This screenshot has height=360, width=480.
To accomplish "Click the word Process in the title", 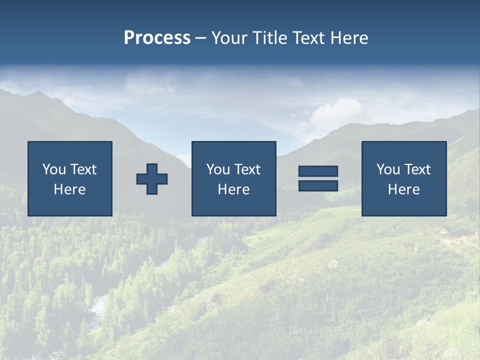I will [x=157, y=38].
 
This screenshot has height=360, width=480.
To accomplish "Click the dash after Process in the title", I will [x=200, y=38].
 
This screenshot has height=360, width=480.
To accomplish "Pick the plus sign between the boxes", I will [x=152, y=179].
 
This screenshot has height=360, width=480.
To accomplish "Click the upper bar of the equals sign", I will [x=318, y=171].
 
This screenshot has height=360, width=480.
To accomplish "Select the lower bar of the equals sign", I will [x=318, y=186].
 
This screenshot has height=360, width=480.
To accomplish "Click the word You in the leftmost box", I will [x=54, y=169].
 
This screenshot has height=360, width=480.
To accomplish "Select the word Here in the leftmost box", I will [x=70, y=189].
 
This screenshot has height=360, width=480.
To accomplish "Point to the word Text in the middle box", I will [x=247, y=169].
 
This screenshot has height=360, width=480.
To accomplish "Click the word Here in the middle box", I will [x=233, y=189].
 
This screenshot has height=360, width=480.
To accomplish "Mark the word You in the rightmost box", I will [x=388, y=169].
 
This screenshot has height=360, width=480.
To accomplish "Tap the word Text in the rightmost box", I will [x=417, y=169].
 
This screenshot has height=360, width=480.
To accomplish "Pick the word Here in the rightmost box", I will [x=404, y=189].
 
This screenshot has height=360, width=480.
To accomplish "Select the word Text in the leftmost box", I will [x=83, y=169].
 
